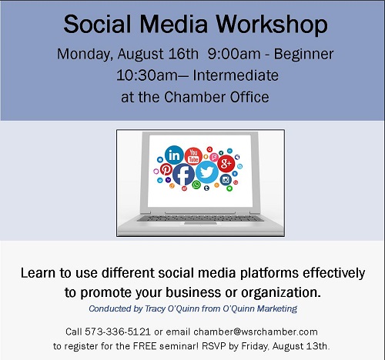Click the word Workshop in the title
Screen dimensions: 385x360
272,25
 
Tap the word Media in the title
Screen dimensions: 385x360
173,24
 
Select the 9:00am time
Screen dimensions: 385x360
234,54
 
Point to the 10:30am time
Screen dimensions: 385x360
147,75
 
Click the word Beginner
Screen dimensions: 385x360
303,55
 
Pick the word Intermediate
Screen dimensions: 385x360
236,75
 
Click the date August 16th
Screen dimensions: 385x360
158,55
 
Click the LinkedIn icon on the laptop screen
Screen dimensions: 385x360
174,155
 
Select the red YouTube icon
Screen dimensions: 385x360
193,156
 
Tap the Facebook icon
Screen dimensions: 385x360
183,175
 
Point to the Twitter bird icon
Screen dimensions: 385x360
207,172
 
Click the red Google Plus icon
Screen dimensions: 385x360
226,164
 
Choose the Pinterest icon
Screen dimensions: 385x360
166,169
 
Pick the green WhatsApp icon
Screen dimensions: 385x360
196,185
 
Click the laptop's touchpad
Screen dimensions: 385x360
200,224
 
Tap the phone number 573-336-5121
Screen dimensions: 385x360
118,332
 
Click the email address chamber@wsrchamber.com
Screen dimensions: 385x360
256,332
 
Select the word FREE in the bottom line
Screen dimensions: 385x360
145,346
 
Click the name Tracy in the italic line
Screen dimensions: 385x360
155,308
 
